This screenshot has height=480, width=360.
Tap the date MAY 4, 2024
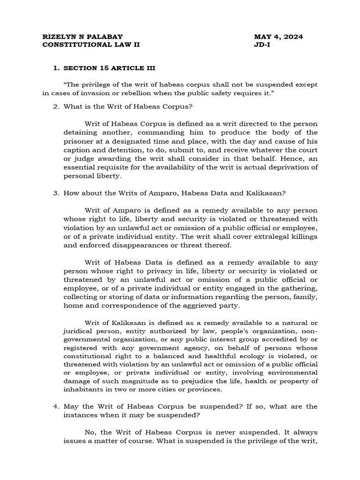tap(278, 37)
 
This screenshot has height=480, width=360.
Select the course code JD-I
tap(261, 45)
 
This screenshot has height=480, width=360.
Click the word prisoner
tap(78, 141)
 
